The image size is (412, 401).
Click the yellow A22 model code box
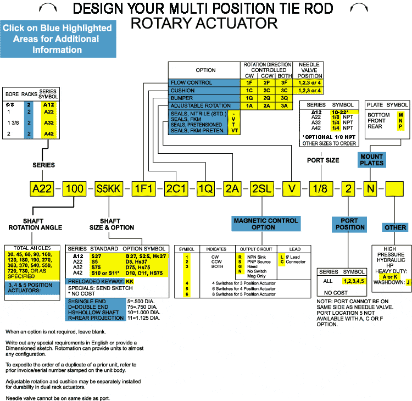coord(42,190)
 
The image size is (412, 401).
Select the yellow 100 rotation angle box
coord(75,190)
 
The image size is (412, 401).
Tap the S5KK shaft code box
coord(109,190)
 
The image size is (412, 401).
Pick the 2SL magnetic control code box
coord(261,190)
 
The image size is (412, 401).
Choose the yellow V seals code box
coord(292,190)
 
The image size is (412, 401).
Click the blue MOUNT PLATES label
coord(371,159)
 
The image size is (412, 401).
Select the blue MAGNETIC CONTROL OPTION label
coord(266,224)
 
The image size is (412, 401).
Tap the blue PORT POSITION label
coord(349,224)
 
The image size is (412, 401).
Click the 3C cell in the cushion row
coord(284,90)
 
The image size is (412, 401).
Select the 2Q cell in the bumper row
coord(266,98)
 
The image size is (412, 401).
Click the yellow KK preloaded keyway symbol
coord(130,281)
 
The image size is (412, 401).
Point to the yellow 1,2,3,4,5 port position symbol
coord(354,281)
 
